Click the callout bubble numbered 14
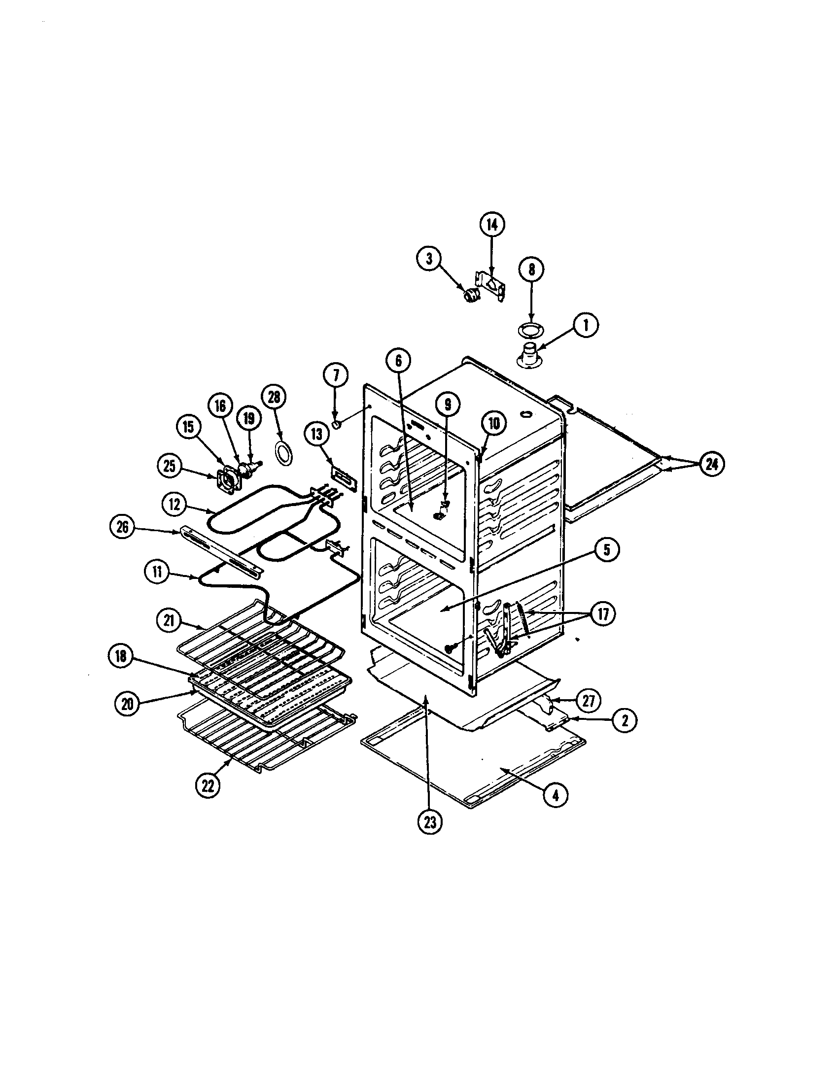click(x=491, y=225)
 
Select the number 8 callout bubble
click(x=531, y=269)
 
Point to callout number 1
click(x=586, y=326)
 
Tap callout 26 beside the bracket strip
click(x=122, y=527)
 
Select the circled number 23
click(x=429, y=822)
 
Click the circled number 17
click(x=603, y=614)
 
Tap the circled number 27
click(x=587, y=700)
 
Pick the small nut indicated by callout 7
click(x=336, y=425)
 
